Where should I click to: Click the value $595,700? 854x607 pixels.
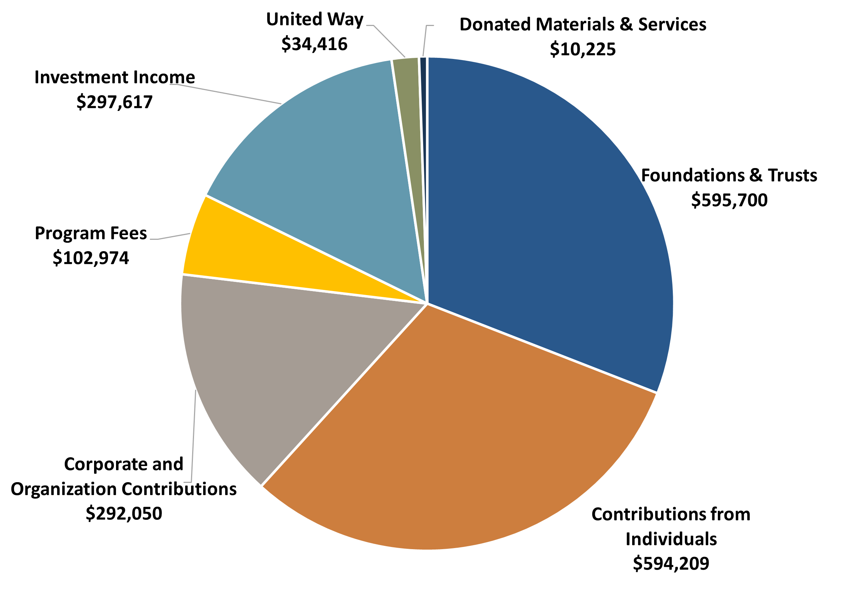coord(729,200)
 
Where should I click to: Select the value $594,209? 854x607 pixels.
coord(671,563)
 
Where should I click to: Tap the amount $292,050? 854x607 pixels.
coord(124,513)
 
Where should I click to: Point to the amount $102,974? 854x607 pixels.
coord(91,258)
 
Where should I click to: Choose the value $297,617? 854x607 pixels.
coord(114,102)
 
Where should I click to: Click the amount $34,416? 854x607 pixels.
coord(314,44)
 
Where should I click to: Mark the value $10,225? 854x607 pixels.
coord(583,49)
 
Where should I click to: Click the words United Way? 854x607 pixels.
coord(314,19)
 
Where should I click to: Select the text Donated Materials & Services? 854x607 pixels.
coord(583,24)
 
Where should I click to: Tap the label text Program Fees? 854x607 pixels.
coord(91,233)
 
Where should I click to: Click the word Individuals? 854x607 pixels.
coord(671,539)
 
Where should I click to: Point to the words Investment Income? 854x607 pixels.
coord(114,77)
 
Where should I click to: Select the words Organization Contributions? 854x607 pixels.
coord(124,489)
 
